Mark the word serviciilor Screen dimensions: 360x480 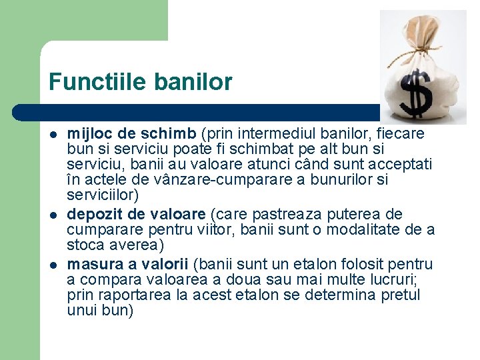(102, 195)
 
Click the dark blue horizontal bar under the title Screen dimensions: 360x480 (200, 112)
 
